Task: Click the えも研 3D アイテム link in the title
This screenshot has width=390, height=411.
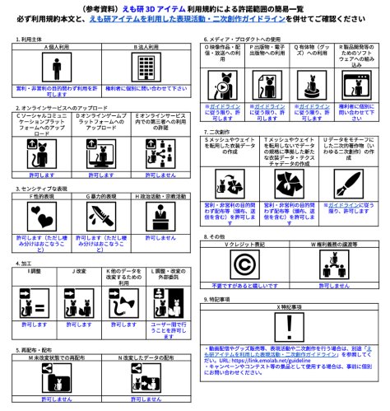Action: (x=123, y=7)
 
